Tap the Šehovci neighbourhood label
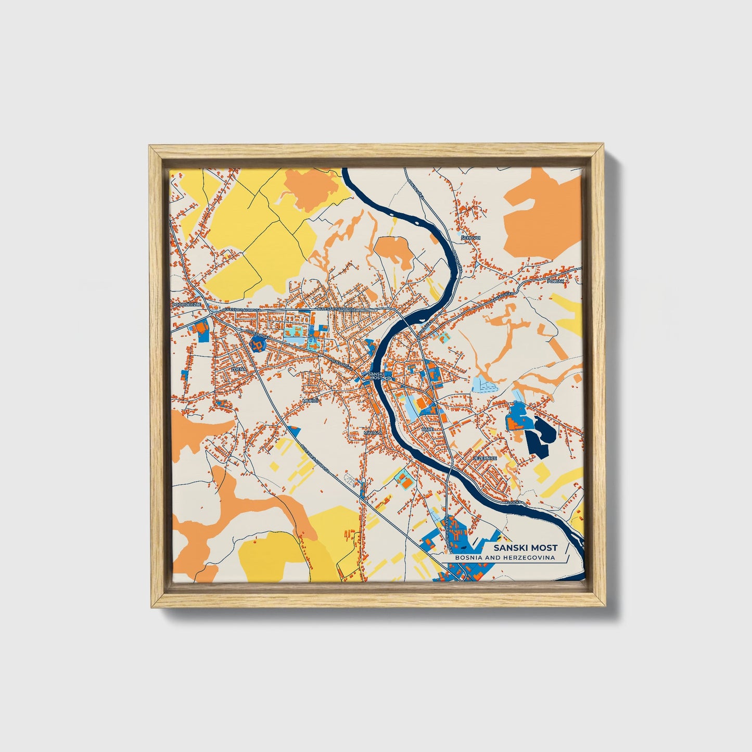pos(471,237)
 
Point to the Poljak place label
pos(556,281)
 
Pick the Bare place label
pos(428,429)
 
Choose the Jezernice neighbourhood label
pos(485,458)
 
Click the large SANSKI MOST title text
pos(525,547)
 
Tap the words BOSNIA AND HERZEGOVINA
pos(504,557)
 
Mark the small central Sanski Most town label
pos(375,376)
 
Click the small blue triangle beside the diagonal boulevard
pos(294,430)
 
